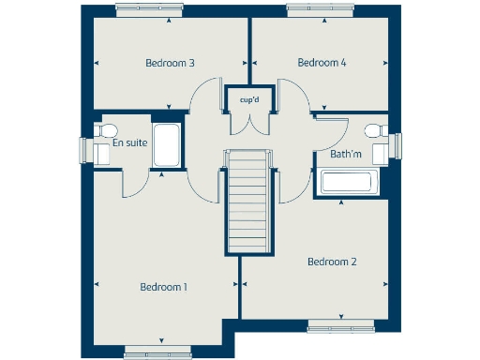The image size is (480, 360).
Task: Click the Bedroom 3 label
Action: pyautogui.click(x=170, y=64)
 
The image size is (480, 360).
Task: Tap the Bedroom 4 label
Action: pyautogui.click(x=322, y=63)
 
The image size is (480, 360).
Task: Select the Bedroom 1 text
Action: pyautogui.click(x=164, y=287)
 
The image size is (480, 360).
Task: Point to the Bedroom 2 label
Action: pyautogui.click(x=332, y=262)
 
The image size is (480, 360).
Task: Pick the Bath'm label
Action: pyautogui.click(x=346, y=153)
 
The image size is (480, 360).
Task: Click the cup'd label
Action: pyautogui.click(x=248, y=98)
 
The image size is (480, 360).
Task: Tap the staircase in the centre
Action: pyautogui.click(x=248, y=202)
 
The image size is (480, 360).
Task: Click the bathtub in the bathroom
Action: pyautogui.click(x=348, y=182)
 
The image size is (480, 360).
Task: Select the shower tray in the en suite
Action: pyautogui.click(x=167, y=143)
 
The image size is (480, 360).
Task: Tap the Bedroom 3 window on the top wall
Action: pyautogui.click(x=148, y=9)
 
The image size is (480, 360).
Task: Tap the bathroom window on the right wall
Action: pyautogui.click(x=398, y=146)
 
